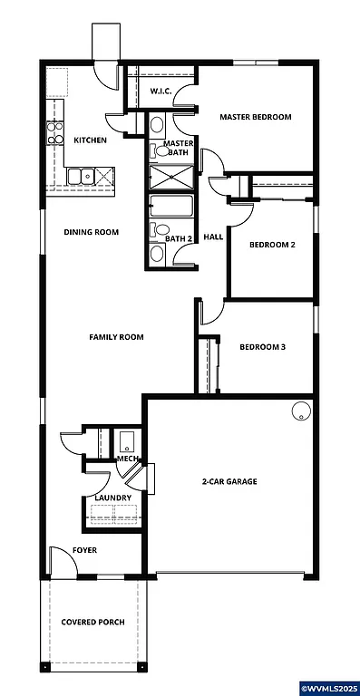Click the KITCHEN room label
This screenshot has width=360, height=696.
(x=91, y=140)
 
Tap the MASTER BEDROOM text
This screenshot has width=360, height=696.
(x=256, y=117)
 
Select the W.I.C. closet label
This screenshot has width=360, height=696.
(x=161, y=92)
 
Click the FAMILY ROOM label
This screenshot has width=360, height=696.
(x=116, y=337)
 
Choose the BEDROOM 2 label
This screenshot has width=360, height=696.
(x=273, y=245)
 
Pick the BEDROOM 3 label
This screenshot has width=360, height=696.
(x=262, y=347)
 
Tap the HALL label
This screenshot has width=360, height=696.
(x=213, y=237)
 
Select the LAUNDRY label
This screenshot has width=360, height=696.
(x=112, y=498)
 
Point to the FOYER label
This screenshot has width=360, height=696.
(x=84, y=550)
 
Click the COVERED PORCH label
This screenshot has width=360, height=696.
(x=92, y=622)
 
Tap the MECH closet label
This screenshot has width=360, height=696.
(x=127, y=459)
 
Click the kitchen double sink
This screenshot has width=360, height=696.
(x=81, y=176)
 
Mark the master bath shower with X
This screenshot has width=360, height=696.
(x=170, y=178)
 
